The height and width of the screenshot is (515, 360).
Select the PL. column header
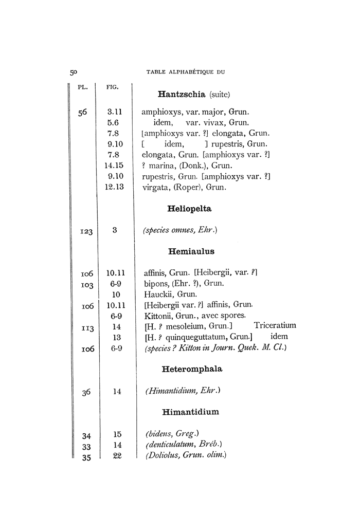(82, 86)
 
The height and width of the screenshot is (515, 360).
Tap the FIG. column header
(113, 87)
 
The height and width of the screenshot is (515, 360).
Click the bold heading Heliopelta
(190, 209)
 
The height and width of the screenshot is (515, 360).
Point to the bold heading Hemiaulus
(191, 252)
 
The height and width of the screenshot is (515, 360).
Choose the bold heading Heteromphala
(191, 369)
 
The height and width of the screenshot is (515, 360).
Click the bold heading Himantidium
(190, 412)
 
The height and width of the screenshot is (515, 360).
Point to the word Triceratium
(275, 325)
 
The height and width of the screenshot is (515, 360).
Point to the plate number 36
(86, 393)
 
